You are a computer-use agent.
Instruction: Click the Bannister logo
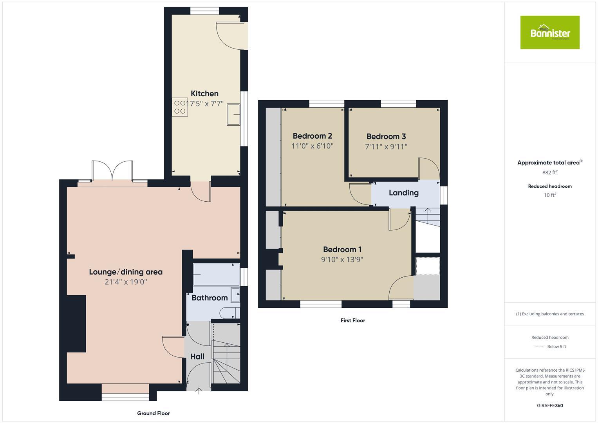coord(549,33)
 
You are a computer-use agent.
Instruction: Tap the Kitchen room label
coord(204,94)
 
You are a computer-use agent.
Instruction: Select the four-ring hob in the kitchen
coord(180,107)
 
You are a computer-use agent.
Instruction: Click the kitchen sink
coord(233,114)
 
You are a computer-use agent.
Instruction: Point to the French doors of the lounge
coord(112,171)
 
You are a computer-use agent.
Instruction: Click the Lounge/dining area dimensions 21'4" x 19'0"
coord(126,282)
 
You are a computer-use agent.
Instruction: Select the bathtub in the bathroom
coord(216,274)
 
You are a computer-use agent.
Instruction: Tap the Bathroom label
coord(210,298)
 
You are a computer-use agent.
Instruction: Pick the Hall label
coord(197,356)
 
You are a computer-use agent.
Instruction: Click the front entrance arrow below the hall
coord(199,390)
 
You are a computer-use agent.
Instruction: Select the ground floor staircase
coord(226,360)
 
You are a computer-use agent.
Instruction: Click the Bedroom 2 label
coord(312,136)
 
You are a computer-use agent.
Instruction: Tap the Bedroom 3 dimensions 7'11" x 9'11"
coord(386,147)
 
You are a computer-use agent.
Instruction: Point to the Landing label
coord(403,193)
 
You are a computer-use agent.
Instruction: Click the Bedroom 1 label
coord(342,249)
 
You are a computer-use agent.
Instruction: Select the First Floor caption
coord(352,320)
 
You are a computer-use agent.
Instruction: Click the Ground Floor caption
coord(153,413)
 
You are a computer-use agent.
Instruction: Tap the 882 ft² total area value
coord(549,173)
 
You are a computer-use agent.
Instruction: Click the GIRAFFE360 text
coord(549,406)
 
